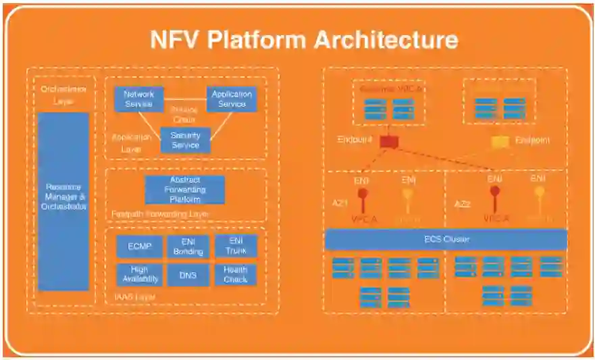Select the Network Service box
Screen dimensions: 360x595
[139, 99]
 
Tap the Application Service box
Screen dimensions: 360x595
[232, 99]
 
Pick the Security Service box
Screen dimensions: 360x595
[185, 140]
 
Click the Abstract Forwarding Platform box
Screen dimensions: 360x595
[185, 190]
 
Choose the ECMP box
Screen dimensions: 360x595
[139, 247]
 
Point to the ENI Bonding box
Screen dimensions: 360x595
[188, 247]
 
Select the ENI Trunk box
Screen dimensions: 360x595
[236, 247]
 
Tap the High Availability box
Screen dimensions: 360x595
[139, 274]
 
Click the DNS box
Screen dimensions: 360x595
[188, 274]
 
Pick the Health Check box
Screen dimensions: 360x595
[236, 274]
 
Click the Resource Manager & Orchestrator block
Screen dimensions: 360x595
[63, 201]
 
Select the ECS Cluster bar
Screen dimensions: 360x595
[446, 240]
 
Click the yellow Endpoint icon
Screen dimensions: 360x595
[500, 141]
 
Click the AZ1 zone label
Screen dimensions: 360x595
[339, 203]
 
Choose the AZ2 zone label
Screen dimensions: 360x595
[463, 203]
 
